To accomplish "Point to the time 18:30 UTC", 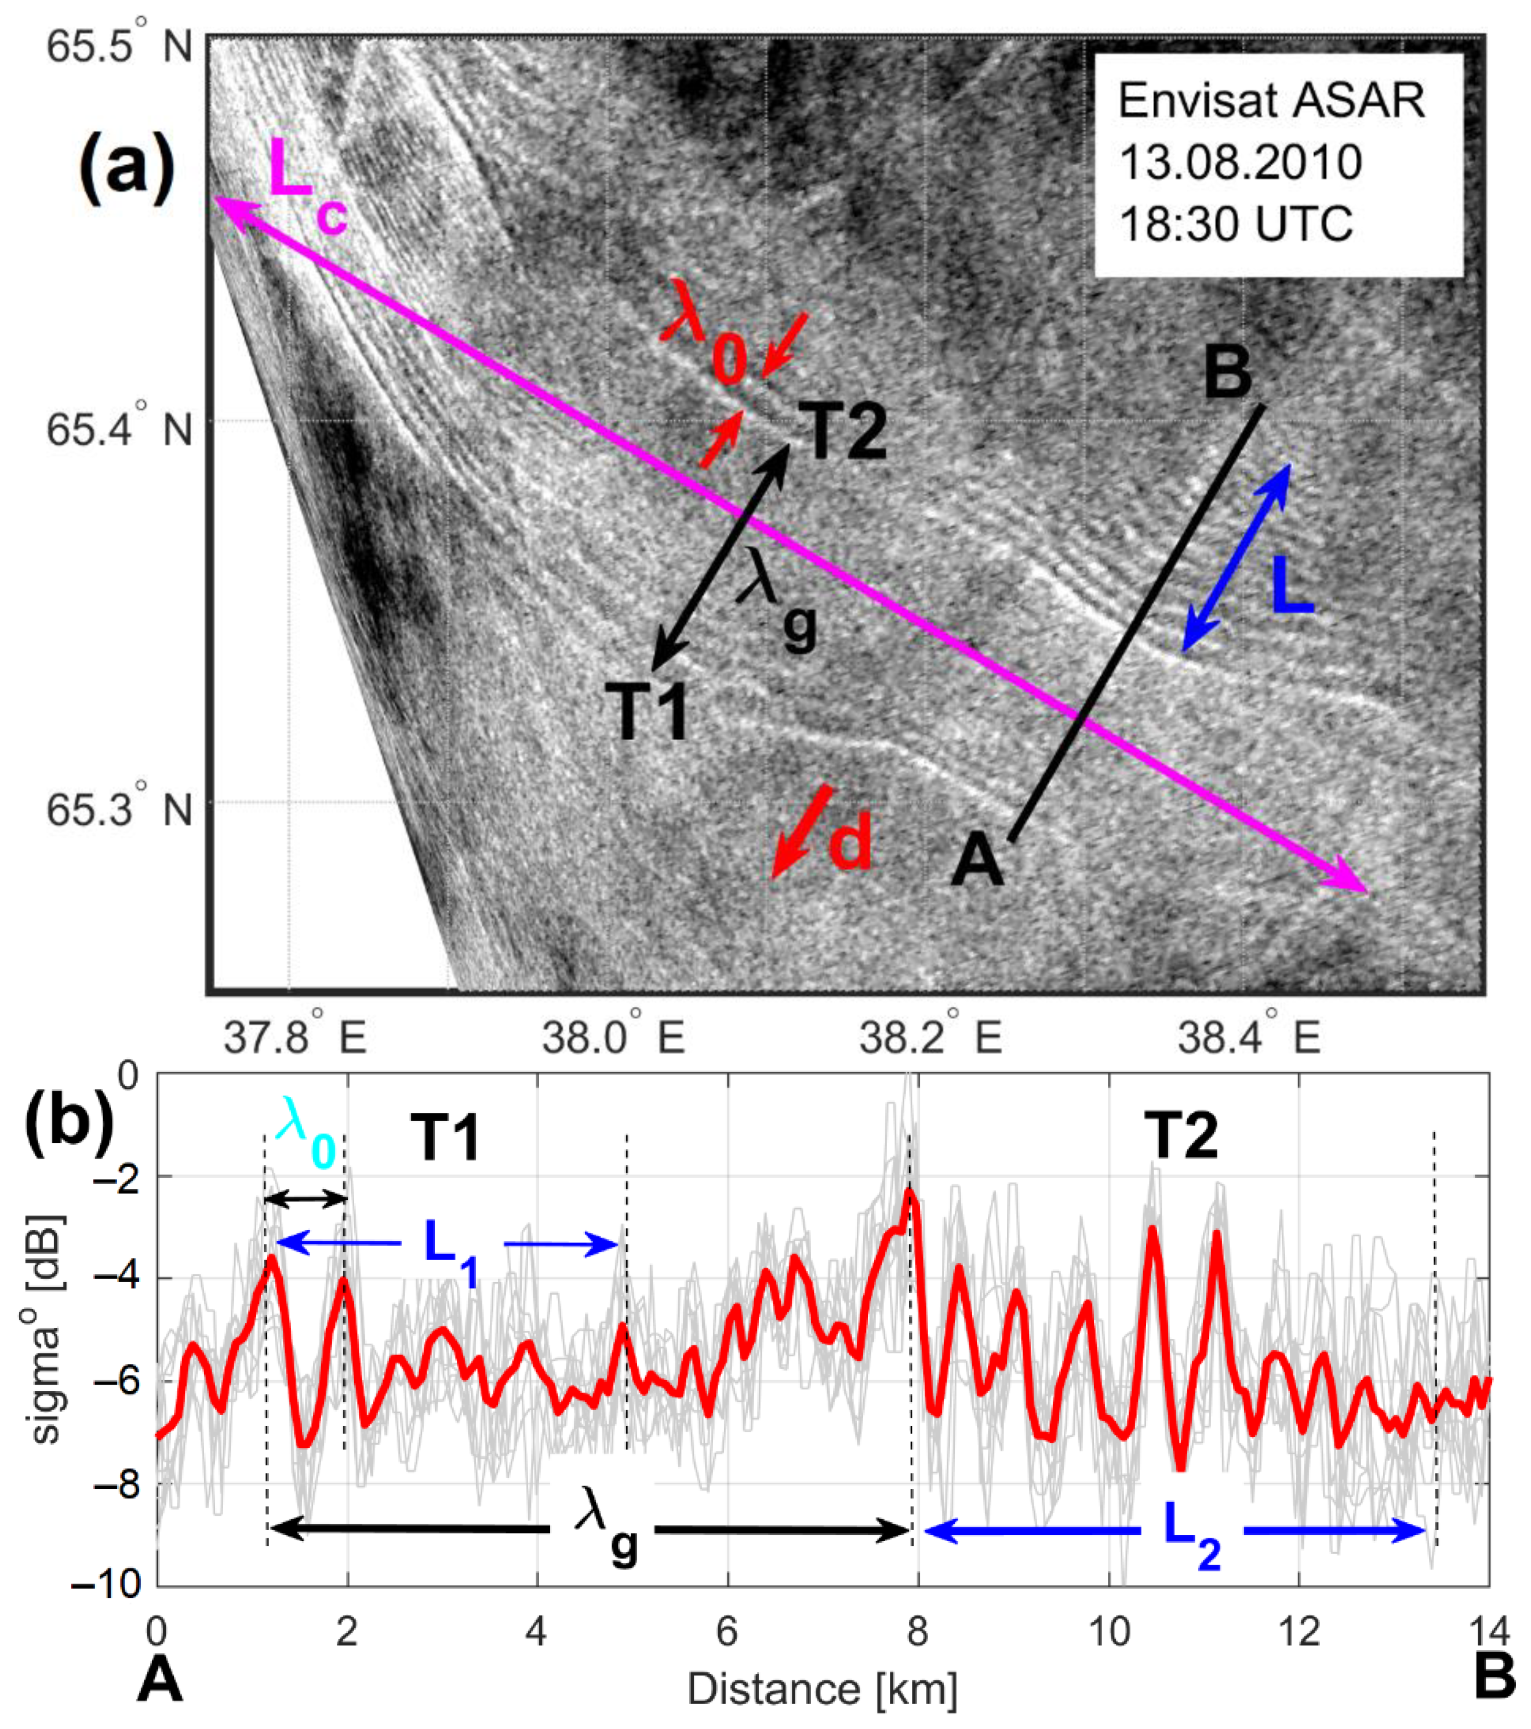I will click(x=1236, y=224).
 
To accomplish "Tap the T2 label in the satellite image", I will click(x=838, y=431).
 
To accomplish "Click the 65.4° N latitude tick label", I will click(x=118, y=429).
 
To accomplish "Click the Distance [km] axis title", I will click(x=822, y=1689).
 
